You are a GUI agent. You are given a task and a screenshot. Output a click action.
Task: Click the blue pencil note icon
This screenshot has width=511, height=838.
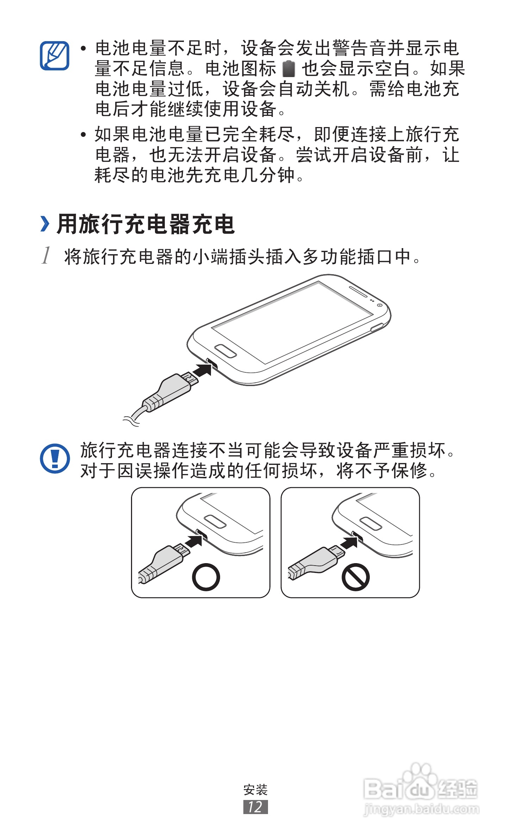pos(55,56)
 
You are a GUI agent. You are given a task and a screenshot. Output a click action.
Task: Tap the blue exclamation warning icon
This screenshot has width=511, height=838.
pos(55,458)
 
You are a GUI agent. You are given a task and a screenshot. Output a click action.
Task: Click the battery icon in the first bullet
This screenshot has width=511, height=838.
pos(288,69)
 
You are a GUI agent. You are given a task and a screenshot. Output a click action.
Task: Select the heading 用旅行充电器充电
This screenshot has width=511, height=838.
pos(145,224)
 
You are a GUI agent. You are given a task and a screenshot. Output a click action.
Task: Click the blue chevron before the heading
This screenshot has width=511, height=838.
pos(45,224)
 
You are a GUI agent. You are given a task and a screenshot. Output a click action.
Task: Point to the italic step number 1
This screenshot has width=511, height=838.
pos(46,255)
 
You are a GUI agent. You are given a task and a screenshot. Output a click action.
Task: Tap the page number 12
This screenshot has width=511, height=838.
pos(255,807)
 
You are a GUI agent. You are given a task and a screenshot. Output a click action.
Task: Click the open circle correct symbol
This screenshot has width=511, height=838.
pos(206,577)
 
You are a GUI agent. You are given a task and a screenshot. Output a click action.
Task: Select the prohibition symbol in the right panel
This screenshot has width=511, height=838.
pos(355,577)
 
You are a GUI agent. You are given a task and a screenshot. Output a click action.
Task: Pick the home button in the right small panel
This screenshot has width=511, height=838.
pos(370,523)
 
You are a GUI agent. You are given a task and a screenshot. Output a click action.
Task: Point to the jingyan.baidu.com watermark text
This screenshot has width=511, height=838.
pos(421,809)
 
